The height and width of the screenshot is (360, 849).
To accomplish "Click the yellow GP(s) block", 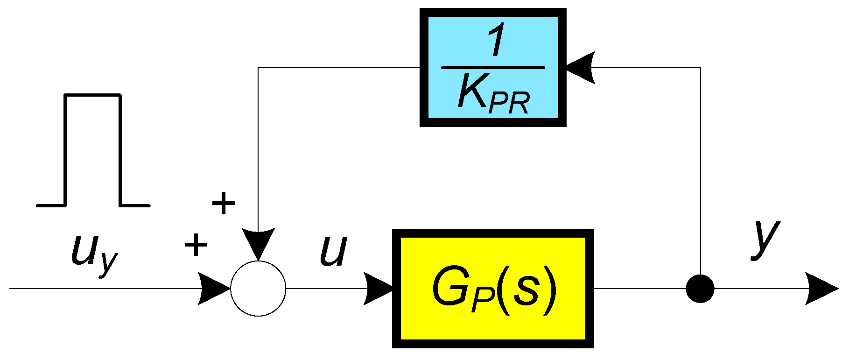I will [493, 288].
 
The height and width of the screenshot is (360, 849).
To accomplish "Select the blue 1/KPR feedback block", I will [493, 68].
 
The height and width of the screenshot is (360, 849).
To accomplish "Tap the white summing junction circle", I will [258, 289].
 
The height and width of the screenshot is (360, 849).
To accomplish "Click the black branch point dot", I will [700, 289].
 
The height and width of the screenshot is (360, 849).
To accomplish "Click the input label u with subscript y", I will [93, 254].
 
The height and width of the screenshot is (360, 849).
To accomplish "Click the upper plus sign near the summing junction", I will [224, 203].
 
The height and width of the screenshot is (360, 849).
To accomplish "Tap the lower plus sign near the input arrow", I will [196, 245].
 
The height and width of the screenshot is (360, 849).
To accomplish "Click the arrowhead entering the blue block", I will [579, 68].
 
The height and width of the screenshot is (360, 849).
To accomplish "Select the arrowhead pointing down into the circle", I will [258, 243].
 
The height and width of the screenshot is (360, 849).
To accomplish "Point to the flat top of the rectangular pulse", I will [92, 95].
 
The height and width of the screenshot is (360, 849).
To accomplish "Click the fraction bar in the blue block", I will [493, 68].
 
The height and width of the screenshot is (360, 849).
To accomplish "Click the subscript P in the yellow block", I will [481, 303].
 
